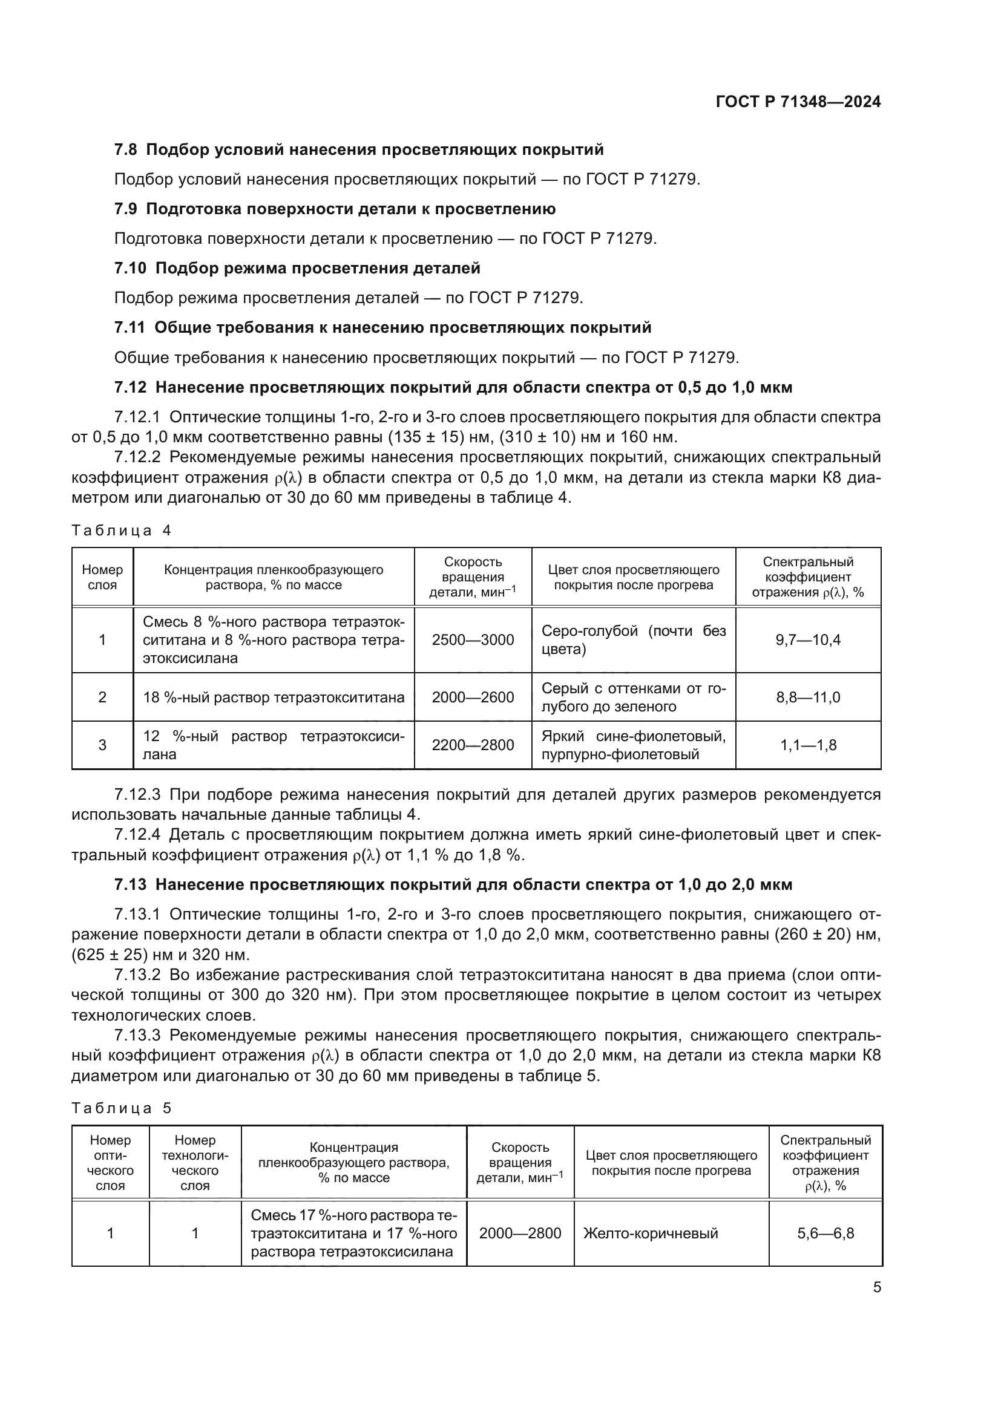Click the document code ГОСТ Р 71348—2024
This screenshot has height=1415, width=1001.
(798, 102)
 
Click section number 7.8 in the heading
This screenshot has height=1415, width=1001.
(126, 150)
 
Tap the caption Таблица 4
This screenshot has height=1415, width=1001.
(121, 531)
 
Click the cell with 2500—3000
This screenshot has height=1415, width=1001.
(473, 639)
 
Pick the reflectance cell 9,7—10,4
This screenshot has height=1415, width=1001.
(807, 639)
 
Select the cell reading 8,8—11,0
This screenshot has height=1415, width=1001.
(807, 697)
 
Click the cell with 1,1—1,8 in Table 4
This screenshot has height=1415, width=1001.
(807, 745)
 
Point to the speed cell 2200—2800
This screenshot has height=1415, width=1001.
(473, 745)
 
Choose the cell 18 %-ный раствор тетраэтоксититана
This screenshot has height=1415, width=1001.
(274, 697)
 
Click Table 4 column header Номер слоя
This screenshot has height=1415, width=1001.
(102, 577)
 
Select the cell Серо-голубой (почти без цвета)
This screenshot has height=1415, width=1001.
(633, 639)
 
